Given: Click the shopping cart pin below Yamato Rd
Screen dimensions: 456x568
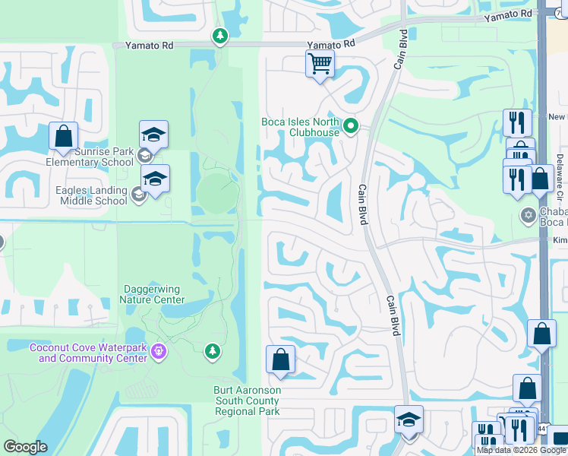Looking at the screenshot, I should [x=320, y=64].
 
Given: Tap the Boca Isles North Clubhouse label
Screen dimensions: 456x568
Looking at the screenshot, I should [x=300, y=127].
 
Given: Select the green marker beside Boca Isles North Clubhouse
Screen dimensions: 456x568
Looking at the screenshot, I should [x=350, y=126].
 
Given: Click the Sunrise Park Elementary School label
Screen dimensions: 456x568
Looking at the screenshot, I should [x=90, y=157].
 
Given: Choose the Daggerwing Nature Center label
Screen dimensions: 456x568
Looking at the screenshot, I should [x=152, y=294].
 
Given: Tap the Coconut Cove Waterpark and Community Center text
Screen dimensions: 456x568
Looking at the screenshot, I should [x=88, y=353].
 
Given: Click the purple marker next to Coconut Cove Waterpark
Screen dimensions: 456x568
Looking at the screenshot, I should [x=158, y=350].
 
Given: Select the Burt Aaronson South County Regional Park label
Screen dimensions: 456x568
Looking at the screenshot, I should [x=248, y=401].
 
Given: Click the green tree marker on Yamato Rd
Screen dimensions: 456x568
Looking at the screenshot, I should [x=219, y=36].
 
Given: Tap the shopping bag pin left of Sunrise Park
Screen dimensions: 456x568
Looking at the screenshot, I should [x=64, y=136].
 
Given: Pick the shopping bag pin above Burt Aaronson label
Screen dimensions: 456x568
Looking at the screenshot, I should [x=281, y=360].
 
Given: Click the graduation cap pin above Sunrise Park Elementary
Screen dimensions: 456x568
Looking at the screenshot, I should [x=153, y=134].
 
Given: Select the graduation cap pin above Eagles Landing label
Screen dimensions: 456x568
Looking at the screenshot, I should [x=155, y=179].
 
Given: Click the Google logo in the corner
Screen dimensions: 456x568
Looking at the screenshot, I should [x=25, y=447].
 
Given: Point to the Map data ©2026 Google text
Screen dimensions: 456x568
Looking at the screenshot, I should [x=520, y=450].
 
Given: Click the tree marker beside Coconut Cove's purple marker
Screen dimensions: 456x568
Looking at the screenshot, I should [x=213, y=350].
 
